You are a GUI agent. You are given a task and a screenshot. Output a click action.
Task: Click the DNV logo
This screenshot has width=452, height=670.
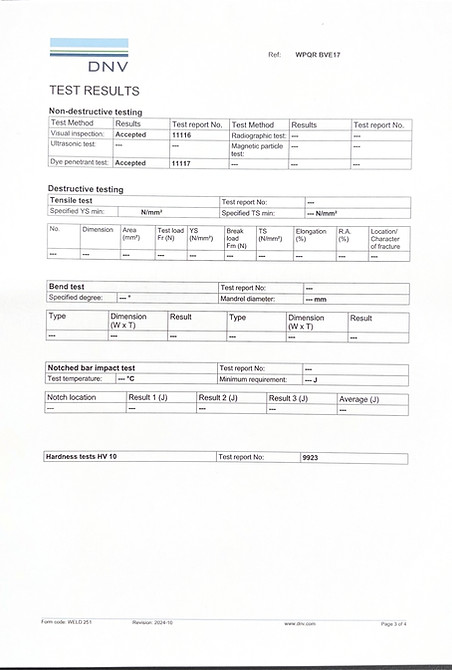pyautogui.click(x=89, y=56)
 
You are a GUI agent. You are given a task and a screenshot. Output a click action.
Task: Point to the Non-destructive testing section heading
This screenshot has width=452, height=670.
pyautogui.click(x=95, y=111)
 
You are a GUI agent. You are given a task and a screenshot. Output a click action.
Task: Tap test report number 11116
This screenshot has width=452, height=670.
pyautogui.click(x=182, y=135)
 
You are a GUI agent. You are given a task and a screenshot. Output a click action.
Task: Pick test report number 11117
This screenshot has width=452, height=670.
pyautogui.click(x=182, y=162)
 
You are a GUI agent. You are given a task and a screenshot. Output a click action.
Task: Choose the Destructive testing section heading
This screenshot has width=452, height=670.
pyautogui.click(x=86, y=189)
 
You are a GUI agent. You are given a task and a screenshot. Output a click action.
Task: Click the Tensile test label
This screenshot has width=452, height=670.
pyautogui.click(x=71, y=201)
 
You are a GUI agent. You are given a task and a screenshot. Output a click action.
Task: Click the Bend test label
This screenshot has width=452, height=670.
pyautogui.click(x=67, y=287)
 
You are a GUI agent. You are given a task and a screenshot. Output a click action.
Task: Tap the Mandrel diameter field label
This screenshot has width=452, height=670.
pyautogui.click(x=252, y=298)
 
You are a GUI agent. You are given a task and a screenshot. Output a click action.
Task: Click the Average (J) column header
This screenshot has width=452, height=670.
pyautogui.click(x=360, y=398)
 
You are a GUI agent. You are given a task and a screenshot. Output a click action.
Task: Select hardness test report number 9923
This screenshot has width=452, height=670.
pyautogui.click(x=311, y=457)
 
